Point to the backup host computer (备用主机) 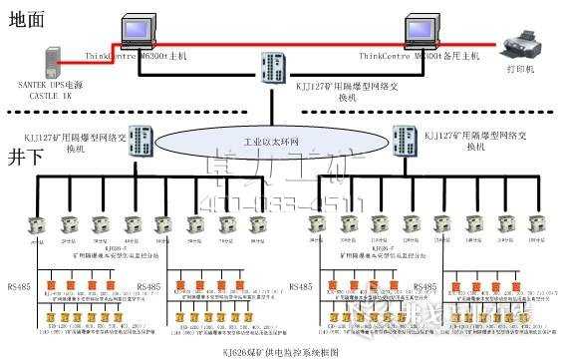click(x=426, y=34)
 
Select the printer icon click(x=523, y=45)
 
